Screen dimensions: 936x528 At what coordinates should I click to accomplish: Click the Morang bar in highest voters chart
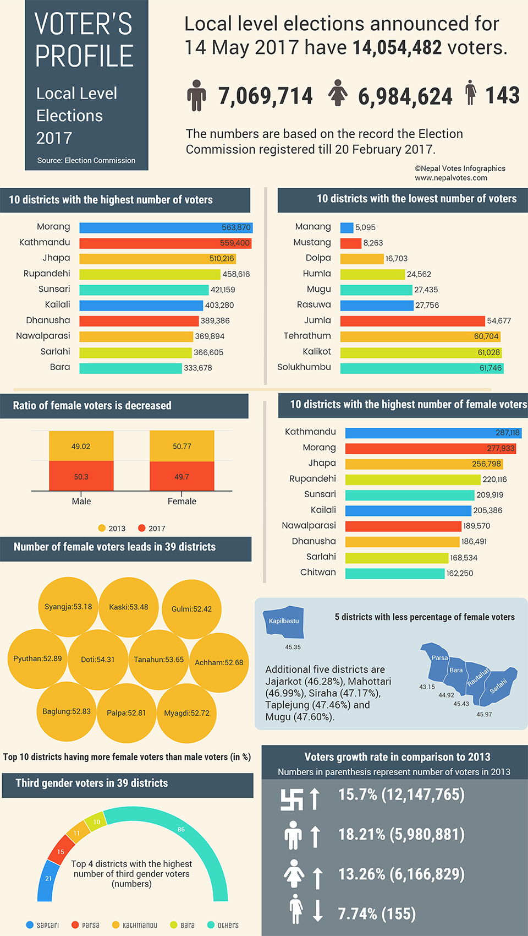click(x=165, y=227)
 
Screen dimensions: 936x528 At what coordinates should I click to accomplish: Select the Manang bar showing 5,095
click(x=346, y=227)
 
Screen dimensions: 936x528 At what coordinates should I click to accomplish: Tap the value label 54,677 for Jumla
click(x=499, y=320)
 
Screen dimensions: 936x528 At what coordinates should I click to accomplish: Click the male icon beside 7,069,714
click(x=196, y=95)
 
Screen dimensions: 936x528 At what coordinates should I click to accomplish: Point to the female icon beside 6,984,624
click(x=338, y=93)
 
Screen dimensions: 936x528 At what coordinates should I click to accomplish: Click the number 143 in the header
click(x=502, y=95)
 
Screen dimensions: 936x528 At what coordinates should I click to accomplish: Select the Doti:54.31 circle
click(x=98, y=660)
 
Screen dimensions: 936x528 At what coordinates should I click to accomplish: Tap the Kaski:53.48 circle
click(x=129, y=607)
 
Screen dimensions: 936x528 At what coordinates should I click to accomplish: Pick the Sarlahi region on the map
click(x=498, y=686)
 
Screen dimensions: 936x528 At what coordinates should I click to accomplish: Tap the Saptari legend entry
click(x=42, y=925)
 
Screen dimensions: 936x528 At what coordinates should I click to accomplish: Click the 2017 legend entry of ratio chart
click(x=151, y=528)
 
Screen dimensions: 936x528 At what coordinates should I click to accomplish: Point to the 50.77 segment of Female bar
click(x=182, y=446)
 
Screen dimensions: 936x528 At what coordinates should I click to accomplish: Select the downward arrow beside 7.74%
click(x=317, y=910)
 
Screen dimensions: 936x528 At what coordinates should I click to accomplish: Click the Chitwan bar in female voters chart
click(x=394, y=573)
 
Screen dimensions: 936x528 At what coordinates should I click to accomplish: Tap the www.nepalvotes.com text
click(x=451, y=177)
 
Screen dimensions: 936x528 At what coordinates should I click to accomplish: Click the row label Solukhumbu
click(x=304, y=367)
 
